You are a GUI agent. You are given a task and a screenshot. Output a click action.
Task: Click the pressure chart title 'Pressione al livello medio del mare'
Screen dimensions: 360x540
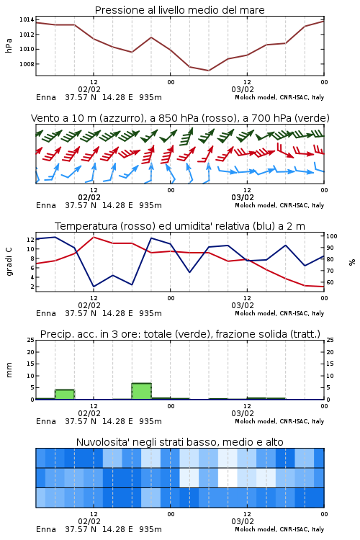[x=179, y=10]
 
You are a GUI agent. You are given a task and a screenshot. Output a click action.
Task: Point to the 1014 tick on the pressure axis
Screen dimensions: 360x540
[x=27, y=20]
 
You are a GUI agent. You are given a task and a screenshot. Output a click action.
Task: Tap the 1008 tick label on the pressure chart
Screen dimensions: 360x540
[x=27, y=64]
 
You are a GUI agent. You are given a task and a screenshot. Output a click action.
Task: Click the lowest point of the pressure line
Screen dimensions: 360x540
[x=208, y=71]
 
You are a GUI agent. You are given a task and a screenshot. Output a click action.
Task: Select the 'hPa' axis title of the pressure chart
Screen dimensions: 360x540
[x=9, y=45]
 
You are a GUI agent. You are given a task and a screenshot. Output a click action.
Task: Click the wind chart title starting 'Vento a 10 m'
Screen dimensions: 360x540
[x=180, y=118]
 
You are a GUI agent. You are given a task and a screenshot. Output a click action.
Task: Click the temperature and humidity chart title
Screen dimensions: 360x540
[x=180, y=226]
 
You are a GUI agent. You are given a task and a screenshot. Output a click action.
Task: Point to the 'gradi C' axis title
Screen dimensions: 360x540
[x=9, y=262]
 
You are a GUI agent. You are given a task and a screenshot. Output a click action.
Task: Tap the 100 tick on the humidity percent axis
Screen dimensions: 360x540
[x=332, y=236]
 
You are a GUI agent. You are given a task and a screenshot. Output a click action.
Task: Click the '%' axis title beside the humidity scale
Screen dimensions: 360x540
[x=352, y=262]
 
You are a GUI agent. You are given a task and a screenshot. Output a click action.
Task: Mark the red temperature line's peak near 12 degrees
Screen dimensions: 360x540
[x=94, y=237]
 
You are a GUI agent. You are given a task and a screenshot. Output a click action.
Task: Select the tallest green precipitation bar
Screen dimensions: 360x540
[x=142, y=391]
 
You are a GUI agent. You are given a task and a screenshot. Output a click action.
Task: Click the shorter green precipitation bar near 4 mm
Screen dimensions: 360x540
[x=65, y=395]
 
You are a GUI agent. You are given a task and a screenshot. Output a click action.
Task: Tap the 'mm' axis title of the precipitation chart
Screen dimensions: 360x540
[x=9, y=370]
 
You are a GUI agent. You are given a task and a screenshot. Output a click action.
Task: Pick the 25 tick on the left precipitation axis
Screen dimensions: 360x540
[x=31, y=341]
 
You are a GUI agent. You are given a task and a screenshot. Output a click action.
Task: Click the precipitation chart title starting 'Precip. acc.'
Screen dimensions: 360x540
[x=180, y=334]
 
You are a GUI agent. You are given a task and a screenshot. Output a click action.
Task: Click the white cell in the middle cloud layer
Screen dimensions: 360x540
[x=228, y=477]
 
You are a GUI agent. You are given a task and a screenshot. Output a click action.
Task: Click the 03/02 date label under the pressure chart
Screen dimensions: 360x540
[x=243, y=89]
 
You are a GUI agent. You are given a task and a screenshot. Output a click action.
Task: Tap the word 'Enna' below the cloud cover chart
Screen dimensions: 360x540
[x=46, y=529]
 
